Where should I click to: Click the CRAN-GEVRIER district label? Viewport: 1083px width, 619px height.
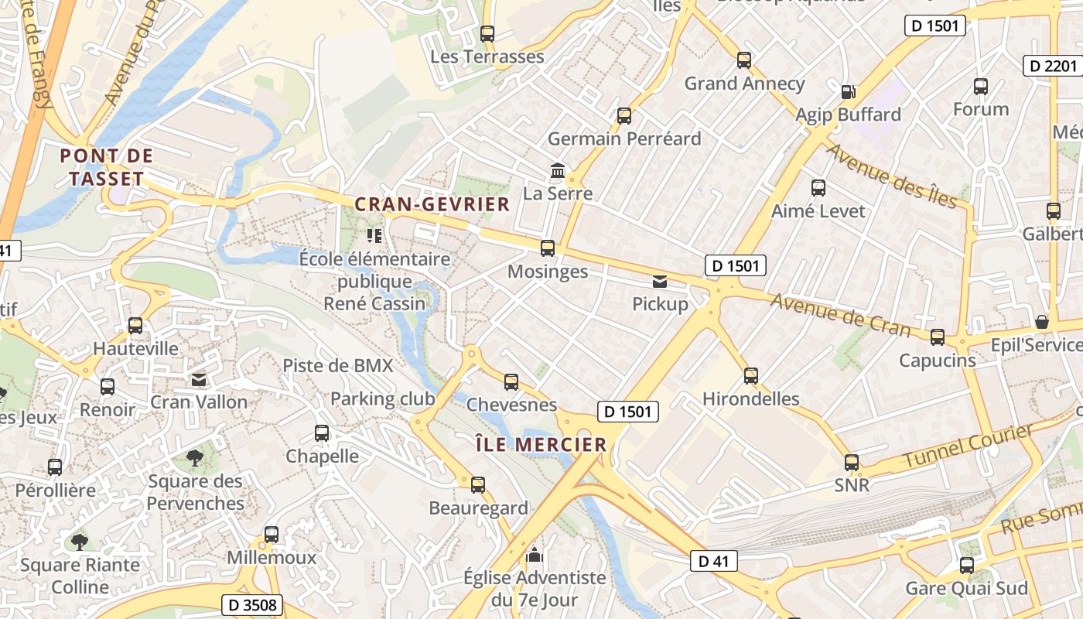432,204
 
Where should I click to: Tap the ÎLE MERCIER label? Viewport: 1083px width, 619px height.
541,444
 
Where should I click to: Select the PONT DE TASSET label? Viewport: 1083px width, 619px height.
107,166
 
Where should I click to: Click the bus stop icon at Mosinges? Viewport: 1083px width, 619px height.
548,248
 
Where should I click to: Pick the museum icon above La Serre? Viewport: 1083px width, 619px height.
557,170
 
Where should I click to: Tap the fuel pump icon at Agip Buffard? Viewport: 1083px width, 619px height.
848,91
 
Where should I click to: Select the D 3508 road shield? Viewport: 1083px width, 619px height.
252,604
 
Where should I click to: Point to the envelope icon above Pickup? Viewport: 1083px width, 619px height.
660,282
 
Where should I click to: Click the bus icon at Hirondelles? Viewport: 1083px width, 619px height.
750,376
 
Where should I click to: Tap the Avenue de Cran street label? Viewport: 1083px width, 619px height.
840,315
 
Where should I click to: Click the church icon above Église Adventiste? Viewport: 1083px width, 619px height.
534,555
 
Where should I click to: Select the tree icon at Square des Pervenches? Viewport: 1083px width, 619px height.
195,458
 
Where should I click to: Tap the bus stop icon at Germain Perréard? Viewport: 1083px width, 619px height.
624,116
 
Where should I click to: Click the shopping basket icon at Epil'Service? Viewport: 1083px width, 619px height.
1042,321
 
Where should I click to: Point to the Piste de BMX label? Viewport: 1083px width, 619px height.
337,365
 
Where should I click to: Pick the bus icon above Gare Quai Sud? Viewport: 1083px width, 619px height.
967,565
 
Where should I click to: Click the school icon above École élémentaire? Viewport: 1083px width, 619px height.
374,235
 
